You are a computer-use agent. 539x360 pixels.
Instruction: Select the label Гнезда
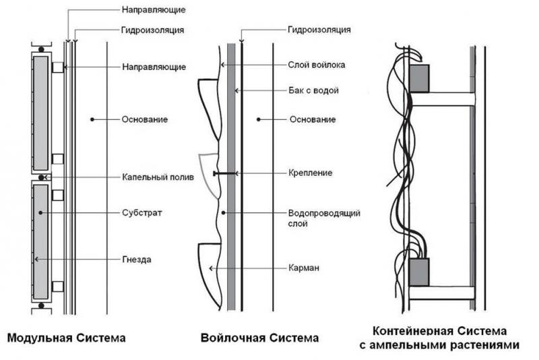[x=138, y=259]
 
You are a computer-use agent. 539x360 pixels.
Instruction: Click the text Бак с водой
[x=313, y=90]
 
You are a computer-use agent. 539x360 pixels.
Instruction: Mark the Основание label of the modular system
[x=144, y=119]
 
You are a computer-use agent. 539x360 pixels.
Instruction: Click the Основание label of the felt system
[x=313, y=119]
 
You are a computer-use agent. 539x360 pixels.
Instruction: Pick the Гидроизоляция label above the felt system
[x=319, y=30]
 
